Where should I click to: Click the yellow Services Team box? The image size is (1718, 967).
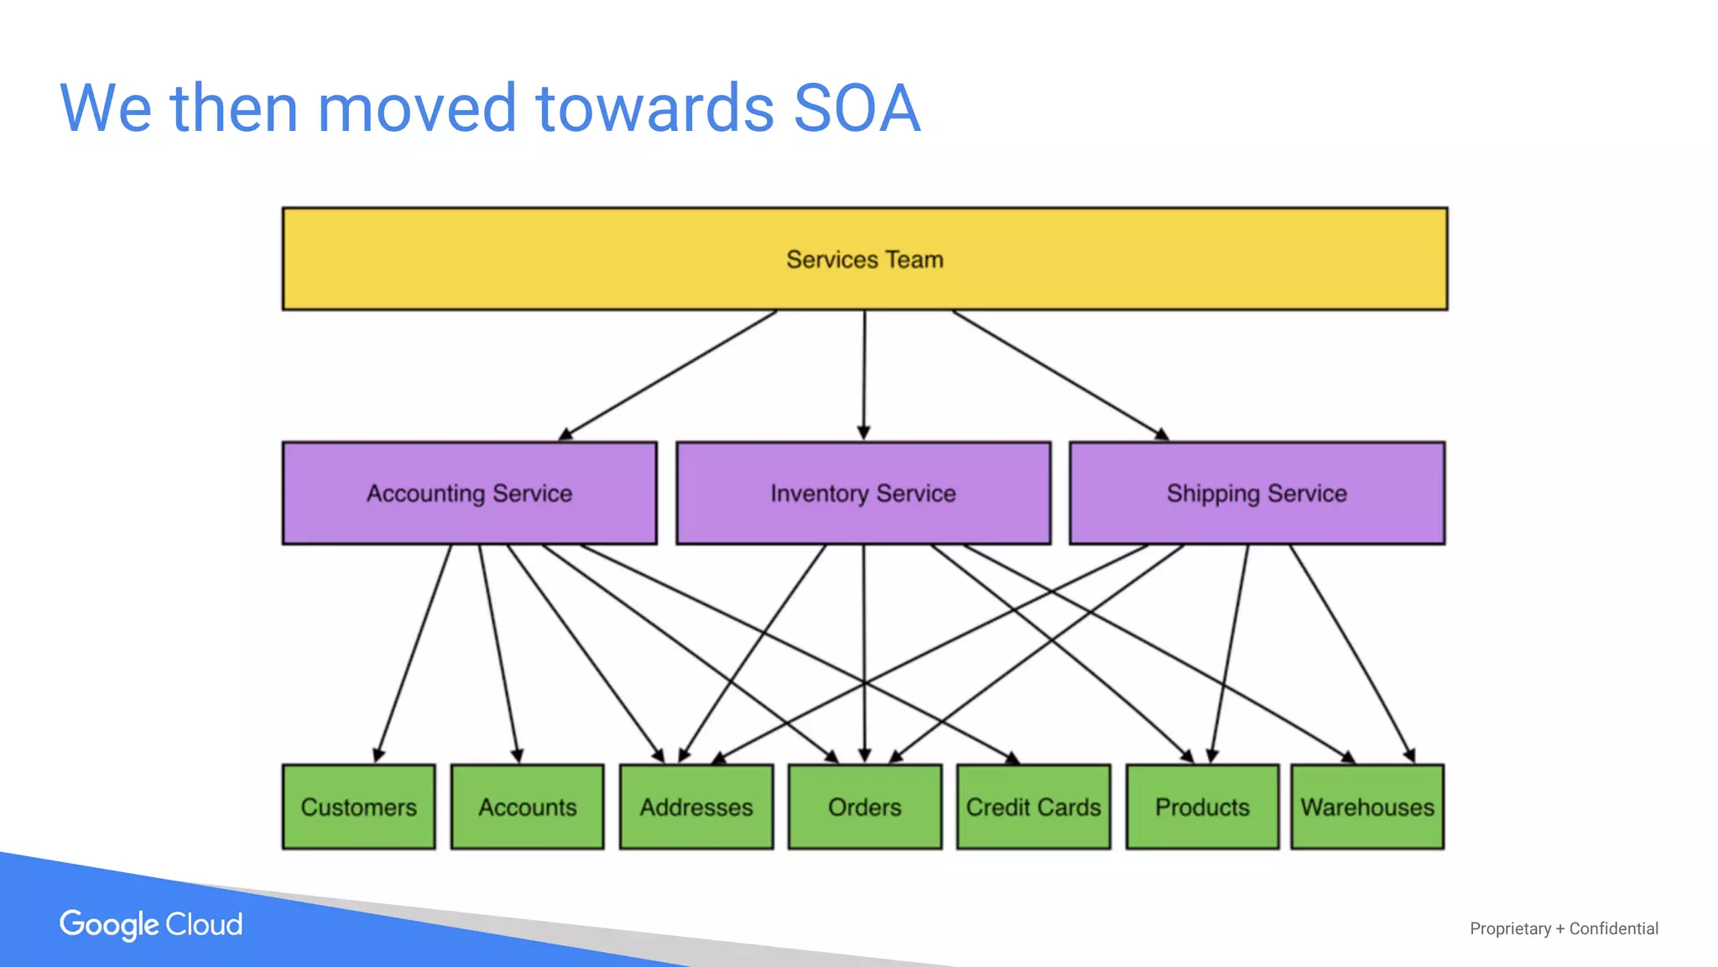pyautogui.click(x=864, y=259)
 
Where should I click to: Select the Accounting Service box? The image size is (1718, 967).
pyautogui.click(x=469, y=493)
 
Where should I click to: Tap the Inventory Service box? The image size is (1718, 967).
pyautogui.click(x=863, y=493)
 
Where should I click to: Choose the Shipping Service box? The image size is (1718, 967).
pyautogui.click(x=1257, y=493)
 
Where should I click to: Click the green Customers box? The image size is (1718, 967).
pyautogui.click(x=358, y=807)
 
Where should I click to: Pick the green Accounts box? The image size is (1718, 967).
pyautogui.click(x=527, y=807)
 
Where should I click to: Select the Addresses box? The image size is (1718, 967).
pyautogui.click(x=696, y=807)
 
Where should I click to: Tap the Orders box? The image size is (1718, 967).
pyautogui.click(x=864, y=807)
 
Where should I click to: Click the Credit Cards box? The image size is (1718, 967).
pyautogui.click(x=1033, y=807)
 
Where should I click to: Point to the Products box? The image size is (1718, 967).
pyautogui.click(x=1202, y=807)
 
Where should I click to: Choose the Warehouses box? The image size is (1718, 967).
pyautogui.click(x=1367, y=807)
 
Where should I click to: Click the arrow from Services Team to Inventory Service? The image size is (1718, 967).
pyautogui.click(x=864, y=374)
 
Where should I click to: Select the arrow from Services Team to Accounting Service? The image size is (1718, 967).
pyautogui.click(x=668, y=374)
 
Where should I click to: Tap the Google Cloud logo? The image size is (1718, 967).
pyautogui.click(x=151, y=924)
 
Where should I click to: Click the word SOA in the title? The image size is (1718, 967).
pyautogui.click(x=856, y=108)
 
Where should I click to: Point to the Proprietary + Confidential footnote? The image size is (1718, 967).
pyautogui.click(x=1564, y=928)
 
